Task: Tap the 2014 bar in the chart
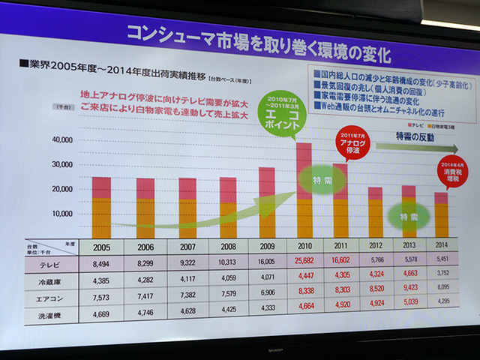441,214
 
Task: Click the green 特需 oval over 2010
318,180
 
